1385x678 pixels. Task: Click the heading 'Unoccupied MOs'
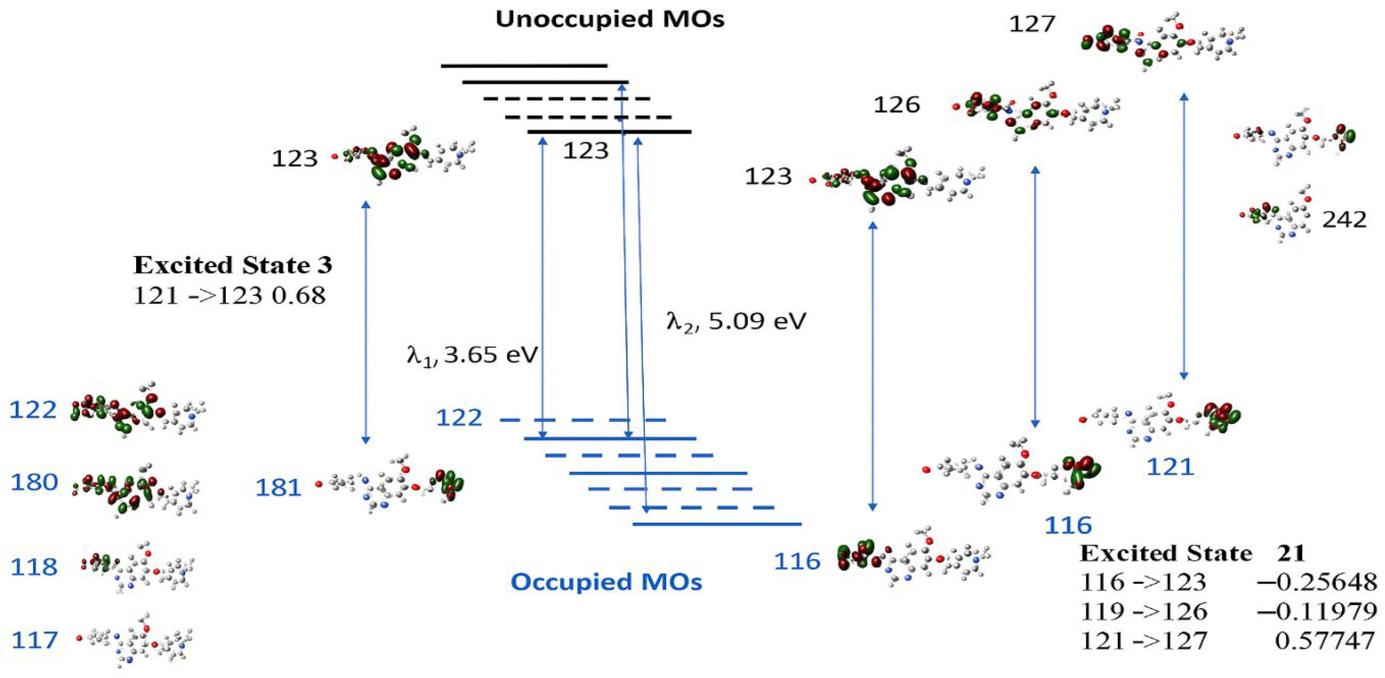click(610, 20)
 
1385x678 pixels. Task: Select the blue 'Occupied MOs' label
click(606, 582)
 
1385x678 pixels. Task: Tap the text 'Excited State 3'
click(232, 265)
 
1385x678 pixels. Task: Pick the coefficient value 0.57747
click(1324, 640)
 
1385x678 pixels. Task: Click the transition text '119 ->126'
click(1144, 611)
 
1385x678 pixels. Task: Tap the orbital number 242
click(1344, 219)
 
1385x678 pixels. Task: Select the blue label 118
click(34, 567)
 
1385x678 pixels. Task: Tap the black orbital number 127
click(1032, 24)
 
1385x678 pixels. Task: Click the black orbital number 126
click(896, 105)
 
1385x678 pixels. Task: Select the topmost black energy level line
click(524, 66)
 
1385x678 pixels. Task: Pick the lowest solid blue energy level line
click(717, 524)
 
